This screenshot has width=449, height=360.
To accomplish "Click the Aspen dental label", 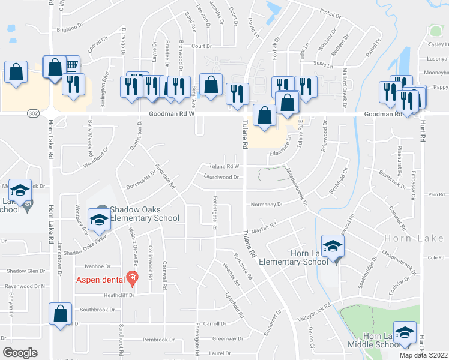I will (100, 280).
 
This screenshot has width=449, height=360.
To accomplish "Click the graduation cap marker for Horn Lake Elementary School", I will (332, 246).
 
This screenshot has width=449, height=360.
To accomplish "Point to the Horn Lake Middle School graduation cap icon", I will (405, 333).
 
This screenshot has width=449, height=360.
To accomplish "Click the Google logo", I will (20, 353).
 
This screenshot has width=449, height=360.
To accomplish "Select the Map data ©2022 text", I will (424, 355).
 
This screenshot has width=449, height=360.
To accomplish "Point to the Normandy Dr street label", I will (267, 204).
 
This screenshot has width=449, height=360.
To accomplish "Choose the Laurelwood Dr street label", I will (221, 178).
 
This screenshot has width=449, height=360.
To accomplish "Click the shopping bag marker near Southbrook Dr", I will (60, 314).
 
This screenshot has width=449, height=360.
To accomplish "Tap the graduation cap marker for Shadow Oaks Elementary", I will (99, 219).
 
